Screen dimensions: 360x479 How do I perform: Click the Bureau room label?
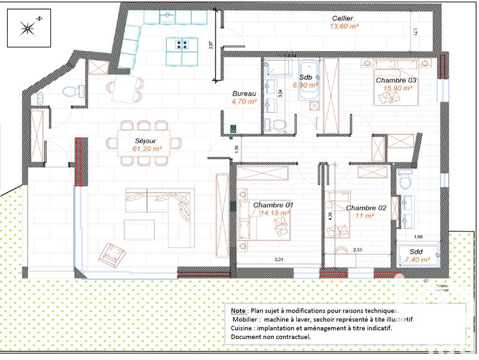(x=244, y=94)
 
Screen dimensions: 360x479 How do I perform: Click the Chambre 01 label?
(x=273, y=205)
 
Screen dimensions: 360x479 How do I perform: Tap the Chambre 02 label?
(x=366, y=208)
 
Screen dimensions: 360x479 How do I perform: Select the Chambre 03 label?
(x=396, y=80)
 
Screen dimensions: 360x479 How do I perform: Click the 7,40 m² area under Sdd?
(x=416, y=260)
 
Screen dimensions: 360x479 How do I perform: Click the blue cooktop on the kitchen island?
(x=183, y=44)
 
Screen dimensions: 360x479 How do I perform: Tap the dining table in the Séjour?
(x=143, y=143)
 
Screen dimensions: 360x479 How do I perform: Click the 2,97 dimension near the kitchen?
(x=211, y=47)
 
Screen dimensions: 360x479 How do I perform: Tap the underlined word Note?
(x=237, y=311)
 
